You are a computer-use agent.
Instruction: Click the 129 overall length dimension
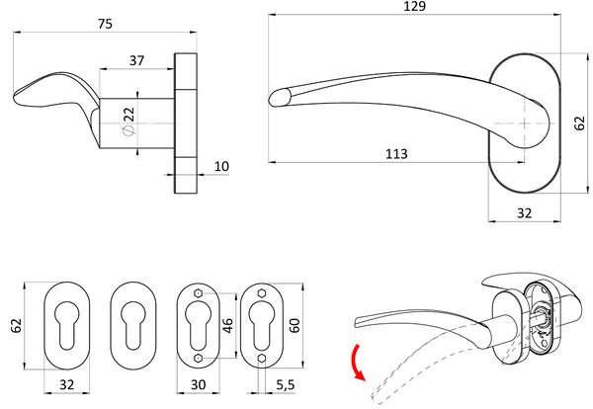coord(415,6)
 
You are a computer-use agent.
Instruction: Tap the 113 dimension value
coord(396,154)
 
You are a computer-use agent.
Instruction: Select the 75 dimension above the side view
coord(105,24)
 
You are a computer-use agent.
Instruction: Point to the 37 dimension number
coord(137,60)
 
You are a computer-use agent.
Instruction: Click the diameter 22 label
coord(128,121)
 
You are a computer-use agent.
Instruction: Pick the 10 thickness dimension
coord(221,166)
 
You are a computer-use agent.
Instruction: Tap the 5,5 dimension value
coord(286,385)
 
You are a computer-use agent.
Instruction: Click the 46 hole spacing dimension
coord(228,326)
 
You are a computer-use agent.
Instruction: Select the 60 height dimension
coord(295,325)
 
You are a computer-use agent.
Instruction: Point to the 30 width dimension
coord(199,385)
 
